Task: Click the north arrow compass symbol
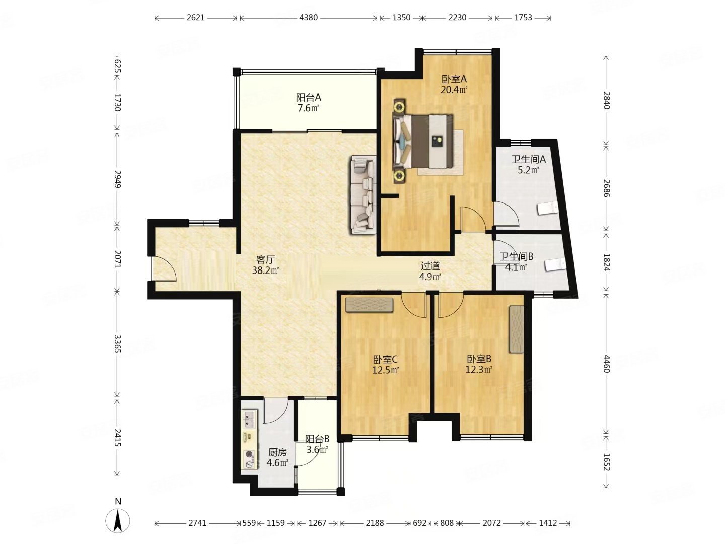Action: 118,521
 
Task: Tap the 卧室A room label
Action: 454,79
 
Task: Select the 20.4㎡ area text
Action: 454,90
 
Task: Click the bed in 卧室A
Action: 422,141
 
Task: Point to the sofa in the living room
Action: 363,194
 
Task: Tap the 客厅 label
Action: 265,259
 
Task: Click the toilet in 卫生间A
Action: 547,209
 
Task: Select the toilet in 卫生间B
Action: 555,264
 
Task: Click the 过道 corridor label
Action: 430,266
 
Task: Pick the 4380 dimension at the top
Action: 308,17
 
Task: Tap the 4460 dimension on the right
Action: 606,364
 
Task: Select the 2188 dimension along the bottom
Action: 375,523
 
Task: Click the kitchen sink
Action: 249,419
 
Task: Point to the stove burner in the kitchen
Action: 249,459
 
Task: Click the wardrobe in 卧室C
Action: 369,305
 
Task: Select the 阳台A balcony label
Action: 309,97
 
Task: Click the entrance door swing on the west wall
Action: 164,268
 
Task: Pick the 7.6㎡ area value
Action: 309,108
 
